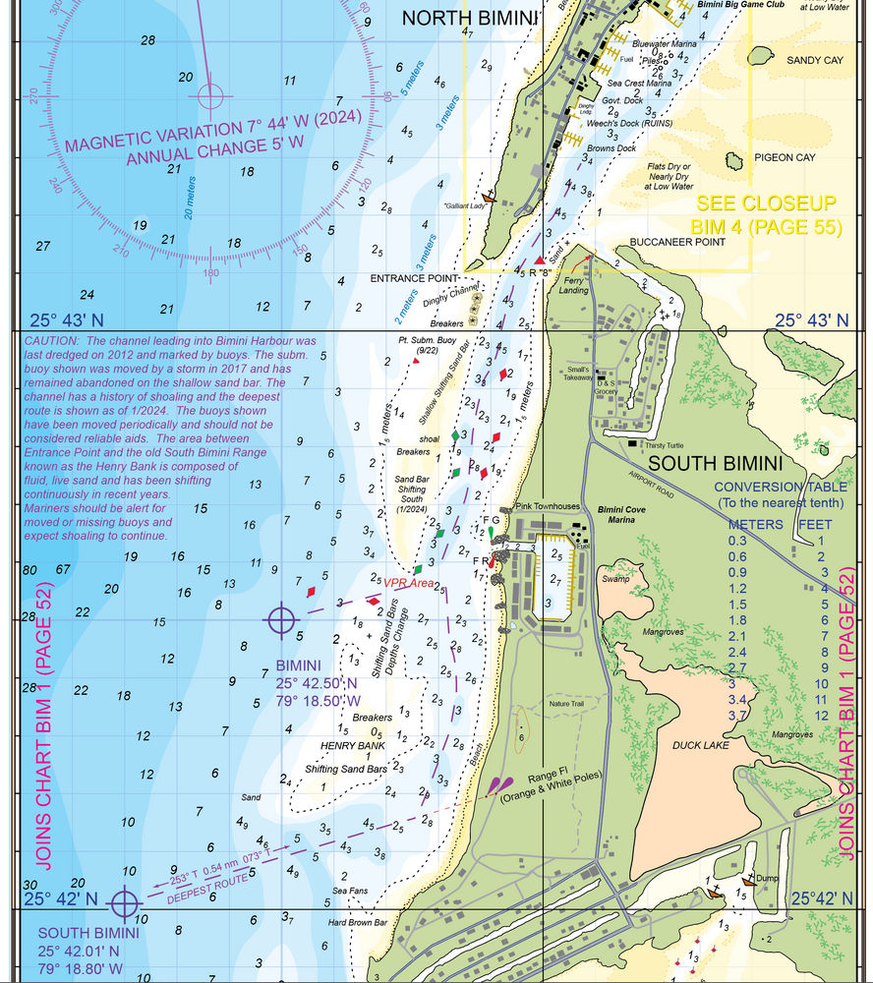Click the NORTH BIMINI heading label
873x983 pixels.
[470, 17]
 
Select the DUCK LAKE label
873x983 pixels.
[701, 745]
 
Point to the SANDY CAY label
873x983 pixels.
[815, 60]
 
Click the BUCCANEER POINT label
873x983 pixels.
[680, 241]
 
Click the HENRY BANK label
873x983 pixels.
[359, 747]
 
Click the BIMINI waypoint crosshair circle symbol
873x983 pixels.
[281, 619]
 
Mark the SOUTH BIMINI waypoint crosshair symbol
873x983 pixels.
[124, 901]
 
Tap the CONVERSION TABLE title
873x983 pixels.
[781, 487]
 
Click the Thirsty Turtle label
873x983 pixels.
[665, 444]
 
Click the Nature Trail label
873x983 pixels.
[566, 704]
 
